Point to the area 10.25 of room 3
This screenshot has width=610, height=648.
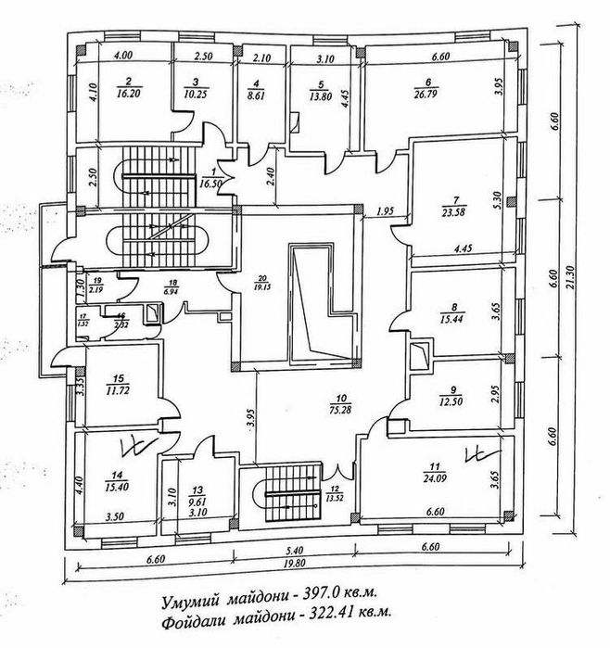click(x=192, y=95)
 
